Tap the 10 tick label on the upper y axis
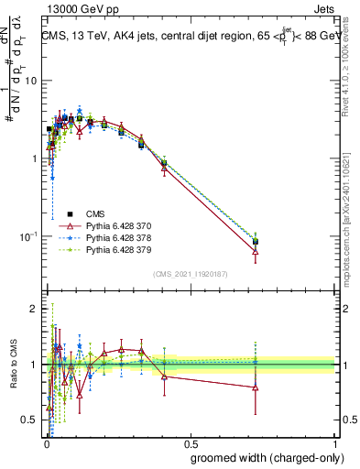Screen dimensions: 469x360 click(x=29, y=81)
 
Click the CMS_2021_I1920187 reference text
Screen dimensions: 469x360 click(x=191, y=274)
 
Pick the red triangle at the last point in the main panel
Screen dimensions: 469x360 click(x=256, y=250)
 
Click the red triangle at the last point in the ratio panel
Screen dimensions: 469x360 click(x=256, y=387)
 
